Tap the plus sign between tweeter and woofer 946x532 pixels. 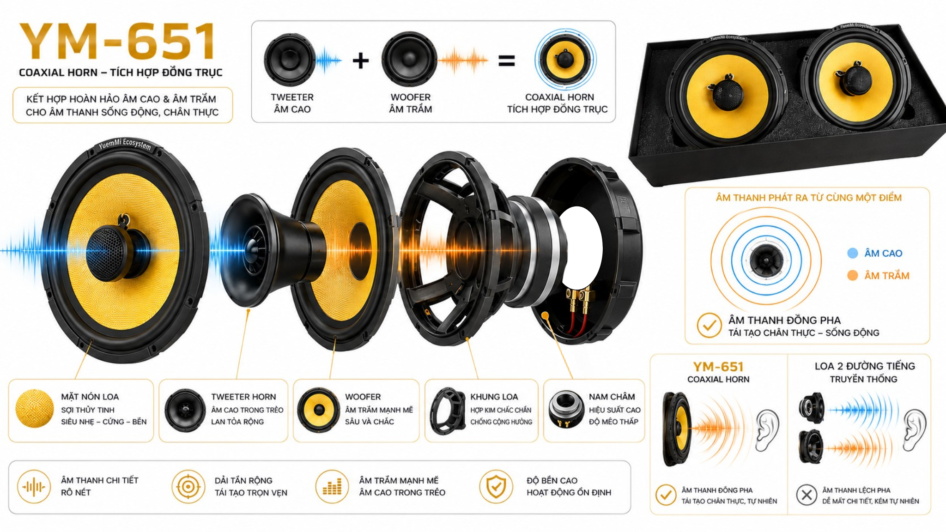pyautogui.click(x=361, y=60)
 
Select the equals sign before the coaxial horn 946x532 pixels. pyautogui.click(x=507, y=60)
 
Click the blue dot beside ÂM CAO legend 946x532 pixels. pyautogui.click(x=853, y=253)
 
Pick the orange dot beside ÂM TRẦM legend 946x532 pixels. pyautogui.click(x=853, y=276)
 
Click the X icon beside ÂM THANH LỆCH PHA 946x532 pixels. pyautogui.click(x=807, y=495)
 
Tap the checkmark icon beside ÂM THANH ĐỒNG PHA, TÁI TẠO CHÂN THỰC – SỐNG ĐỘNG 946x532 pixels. pyautogui.click(x=709, y=326)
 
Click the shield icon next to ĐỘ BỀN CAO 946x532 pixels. pyautogui.click(x=496, y=487)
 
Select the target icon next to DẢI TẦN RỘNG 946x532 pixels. pyautogui.click(x=188, y=487)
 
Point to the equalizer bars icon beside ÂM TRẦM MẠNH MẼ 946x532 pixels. pyautogui.click(x=332, y=487)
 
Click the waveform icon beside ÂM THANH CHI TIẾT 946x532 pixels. pyautogui.click(x=34, y=487)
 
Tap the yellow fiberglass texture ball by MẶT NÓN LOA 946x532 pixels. pyautogui.click(x=35, y=408)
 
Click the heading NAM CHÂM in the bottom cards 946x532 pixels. pyautogui.click(x=612, y=397)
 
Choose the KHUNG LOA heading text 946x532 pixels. pyautogui.click(x=494, y=397)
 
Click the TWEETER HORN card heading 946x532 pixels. pyautogui.click(x=243, y=397)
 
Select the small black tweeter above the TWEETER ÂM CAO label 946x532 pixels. pyautogui.click(x=290, y=60)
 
